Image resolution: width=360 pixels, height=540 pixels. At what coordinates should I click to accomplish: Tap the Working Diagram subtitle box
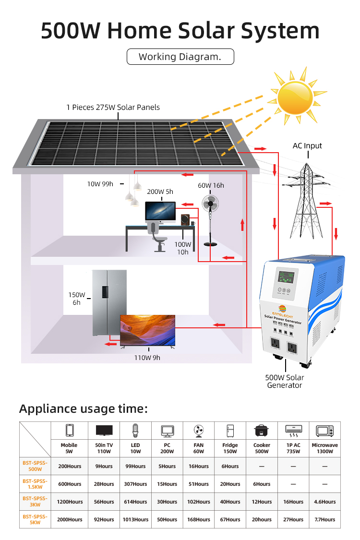coord(180,57)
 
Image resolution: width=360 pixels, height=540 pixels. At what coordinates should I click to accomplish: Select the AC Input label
coord(307,146)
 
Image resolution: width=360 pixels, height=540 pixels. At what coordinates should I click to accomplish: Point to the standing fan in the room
coord(211,211)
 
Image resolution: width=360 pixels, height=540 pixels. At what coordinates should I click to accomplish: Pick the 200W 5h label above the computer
coord(160,192)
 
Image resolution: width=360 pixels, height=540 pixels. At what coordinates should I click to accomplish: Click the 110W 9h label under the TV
coord(147,357)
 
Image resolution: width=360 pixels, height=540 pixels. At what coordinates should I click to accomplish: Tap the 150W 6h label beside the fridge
coord(77,299)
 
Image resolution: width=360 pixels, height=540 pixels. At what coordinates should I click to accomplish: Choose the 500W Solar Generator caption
coord(285,381)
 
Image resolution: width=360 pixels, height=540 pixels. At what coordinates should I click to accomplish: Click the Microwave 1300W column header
coord(324,448)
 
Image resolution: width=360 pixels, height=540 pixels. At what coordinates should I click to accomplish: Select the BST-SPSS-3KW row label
coord(35,502)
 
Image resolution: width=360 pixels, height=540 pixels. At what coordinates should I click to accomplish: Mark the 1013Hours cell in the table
coord(135,519)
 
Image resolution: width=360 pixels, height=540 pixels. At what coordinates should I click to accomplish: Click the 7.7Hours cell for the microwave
coord(324,519)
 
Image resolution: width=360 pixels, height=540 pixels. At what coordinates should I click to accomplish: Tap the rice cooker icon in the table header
coord(262,430)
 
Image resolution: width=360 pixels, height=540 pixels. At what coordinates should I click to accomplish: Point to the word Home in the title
coord(139,31)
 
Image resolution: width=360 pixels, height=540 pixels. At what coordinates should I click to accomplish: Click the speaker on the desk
coord(185,220)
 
